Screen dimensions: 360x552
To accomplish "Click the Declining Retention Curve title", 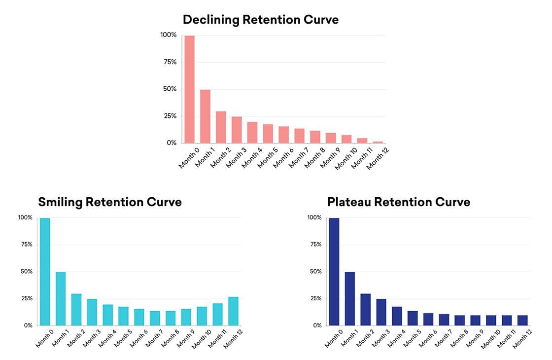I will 261,20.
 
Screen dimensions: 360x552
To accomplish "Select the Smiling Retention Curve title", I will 110,202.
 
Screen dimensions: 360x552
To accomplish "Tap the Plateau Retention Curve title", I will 398,202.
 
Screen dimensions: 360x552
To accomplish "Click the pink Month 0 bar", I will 190,89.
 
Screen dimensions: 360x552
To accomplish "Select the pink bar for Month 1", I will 206,116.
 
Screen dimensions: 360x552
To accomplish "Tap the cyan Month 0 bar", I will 45,272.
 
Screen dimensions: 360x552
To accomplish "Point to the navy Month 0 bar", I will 334,272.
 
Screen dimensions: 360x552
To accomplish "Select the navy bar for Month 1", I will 350,299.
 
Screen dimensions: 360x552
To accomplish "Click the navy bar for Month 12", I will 523,321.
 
